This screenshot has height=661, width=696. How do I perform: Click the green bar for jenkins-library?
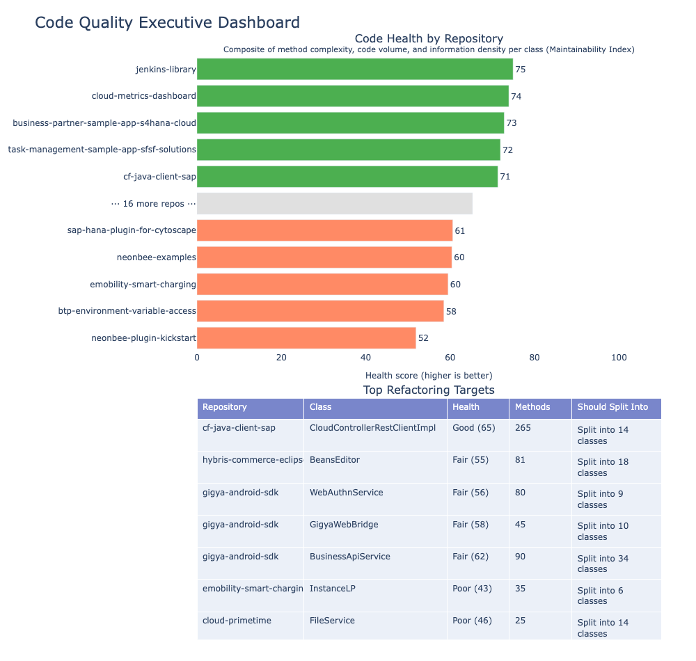pos(355,69)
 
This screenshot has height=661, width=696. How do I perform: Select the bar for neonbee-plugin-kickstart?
pos(306,338)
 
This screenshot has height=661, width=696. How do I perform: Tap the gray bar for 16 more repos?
pos(335,204)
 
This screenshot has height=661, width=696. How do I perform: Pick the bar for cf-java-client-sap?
pos(347,177)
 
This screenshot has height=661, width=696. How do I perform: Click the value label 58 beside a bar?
pos(451,311)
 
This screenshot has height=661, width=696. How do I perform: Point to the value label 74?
pos(516,96)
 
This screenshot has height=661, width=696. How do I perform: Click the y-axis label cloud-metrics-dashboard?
pos(143,96)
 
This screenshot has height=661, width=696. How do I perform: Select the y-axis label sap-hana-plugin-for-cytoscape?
pos(132,230)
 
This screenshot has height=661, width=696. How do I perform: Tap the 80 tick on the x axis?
pos(535,358)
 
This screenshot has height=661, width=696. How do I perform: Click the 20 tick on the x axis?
pos(281,358)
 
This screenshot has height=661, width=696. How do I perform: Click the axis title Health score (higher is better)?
pos(429,376)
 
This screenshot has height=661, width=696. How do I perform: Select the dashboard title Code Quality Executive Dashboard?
pos(167,23)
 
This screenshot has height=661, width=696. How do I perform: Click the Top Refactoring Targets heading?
pos(429,390)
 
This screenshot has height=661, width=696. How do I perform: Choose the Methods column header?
pos(532,407)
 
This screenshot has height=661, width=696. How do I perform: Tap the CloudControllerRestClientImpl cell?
pos(372,427)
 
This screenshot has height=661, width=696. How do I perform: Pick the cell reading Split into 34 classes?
pos(603,563)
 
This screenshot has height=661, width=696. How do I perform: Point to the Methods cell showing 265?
pos(523,427)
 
